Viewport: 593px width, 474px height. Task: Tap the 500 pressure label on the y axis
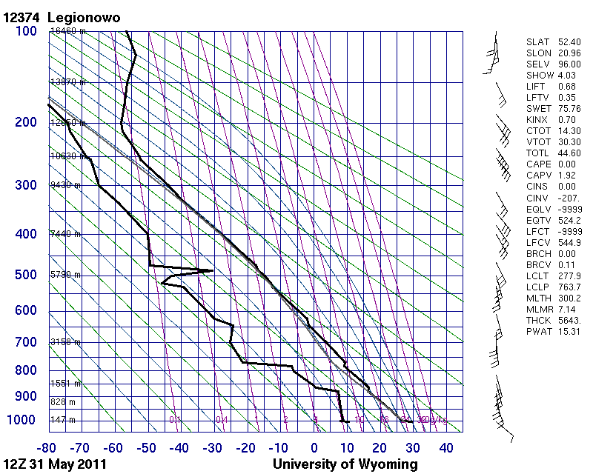pyautogui.click(x=26, y=275)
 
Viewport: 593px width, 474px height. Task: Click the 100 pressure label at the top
pyautogui.click(x=26, y=31)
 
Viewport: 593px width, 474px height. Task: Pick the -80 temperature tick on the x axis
pyautogui.click(x=48, y=448)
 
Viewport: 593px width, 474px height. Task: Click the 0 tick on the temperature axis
pyautogui.click(x=314, y=448)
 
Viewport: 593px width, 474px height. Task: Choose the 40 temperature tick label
pyautogui.click(x=445, y=448)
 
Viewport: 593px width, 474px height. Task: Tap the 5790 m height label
pyautogui.click(x=64, y=275)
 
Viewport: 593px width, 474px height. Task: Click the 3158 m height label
pyautogui.click(x=64, y=342)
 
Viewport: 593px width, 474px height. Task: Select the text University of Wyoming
pyautogui.click(x=345, y=464)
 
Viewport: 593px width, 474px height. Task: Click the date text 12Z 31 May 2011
pyautogui.click(x=55, y=464)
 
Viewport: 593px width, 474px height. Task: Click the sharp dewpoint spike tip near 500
pyautogui.click(x=213, y=270)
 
